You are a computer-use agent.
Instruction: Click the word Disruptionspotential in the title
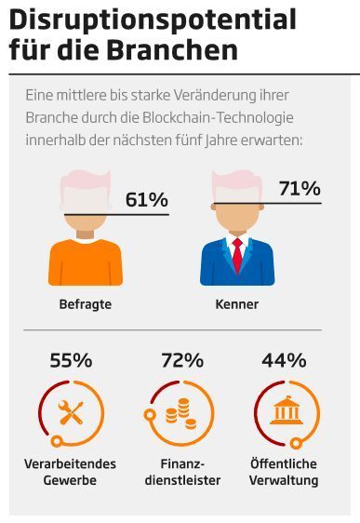[153, 20]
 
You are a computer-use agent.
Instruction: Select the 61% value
[146, 200]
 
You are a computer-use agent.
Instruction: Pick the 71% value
[299, 189]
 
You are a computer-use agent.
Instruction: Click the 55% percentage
[70, 360]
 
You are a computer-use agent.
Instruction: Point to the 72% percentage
[181, 360]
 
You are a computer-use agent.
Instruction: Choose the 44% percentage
[284, 360]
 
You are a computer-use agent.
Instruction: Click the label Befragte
[85, 303]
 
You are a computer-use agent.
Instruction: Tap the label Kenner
[236, 303]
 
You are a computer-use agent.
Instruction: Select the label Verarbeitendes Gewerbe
[70, 472]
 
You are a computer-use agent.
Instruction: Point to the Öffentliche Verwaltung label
[285, 472]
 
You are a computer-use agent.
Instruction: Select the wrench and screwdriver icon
[72, 410]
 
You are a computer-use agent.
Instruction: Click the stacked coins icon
[181, 412]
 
